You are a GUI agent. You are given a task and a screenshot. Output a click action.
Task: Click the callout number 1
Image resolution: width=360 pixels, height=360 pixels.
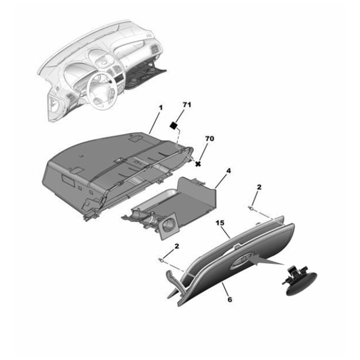click(160, 108)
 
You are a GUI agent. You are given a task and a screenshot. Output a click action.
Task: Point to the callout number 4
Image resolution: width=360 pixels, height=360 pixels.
click(229, 171)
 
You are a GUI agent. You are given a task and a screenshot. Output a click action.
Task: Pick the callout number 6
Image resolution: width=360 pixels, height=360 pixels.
click(230, 299)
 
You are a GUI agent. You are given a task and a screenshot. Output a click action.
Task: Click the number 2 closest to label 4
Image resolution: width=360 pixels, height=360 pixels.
click(259, 186)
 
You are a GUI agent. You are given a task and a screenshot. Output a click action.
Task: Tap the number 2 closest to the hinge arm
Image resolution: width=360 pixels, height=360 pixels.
click(177, 246)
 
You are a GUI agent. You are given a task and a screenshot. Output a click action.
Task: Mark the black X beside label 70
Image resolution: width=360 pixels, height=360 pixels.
click(198, 164)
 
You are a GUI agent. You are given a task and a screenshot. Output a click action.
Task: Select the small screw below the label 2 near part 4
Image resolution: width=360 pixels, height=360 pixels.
click(250, 207)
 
